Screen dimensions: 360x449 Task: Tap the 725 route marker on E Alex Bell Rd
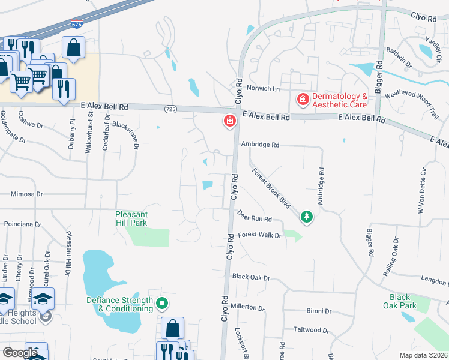coord(170,109)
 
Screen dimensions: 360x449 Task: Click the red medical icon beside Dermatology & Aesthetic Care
coord(303,98)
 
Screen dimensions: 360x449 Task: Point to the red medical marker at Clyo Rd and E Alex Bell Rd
coord(229,122)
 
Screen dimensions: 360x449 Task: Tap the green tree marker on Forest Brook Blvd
coord(307,216)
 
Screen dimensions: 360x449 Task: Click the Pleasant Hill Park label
coord(131,218)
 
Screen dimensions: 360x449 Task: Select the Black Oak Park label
coord(399,301)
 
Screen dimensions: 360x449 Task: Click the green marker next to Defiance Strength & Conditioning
coord(161,304)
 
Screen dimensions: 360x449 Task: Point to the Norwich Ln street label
coord(267,89)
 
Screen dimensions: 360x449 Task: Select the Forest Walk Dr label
coord(259,236)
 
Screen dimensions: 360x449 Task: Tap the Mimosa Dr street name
coord(27,194)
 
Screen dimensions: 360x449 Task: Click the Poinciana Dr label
coord(22,224)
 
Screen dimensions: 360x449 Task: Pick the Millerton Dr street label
coord(248,307)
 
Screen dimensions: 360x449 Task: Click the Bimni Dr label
coord(319,311)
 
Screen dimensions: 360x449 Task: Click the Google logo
coord(20,353)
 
